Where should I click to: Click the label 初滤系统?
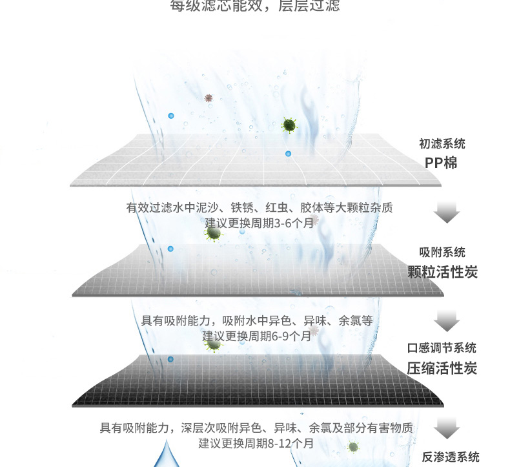pyautogui.click(x=442, y=144)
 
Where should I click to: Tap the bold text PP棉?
pyautogui.click(x=442, y=163)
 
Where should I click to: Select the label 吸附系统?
pyautogui.click(x=442, y=253)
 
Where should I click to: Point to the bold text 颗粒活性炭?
pyautogui.click(x=442, y=272)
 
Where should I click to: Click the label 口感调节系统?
pyautogui.click(x=442, y=348)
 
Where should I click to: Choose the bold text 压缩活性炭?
pyautogui.click(x=442, y=368)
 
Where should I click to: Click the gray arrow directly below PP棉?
pyautogui.click(x=446, y=212)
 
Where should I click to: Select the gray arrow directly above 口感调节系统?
pyautogui.click(x=446, y=320)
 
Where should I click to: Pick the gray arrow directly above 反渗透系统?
pyautogui.click(x=446, y=428)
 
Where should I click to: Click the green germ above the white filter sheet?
pyautogui.click(x=289, y=125)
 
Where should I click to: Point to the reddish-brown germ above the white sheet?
pyautogui.click(x=209, y=98)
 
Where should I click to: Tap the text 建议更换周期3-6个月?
pyautogui.click(x=259, y=223)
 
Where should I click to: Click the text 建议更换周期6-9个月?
pyautogui.click(x=257, y=336)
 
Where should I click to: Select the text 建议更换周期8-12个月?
pyautogui.click(x=256, y=444)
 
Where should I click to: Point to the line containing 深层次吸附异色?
pyautogui.click(x=256, y=428)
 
